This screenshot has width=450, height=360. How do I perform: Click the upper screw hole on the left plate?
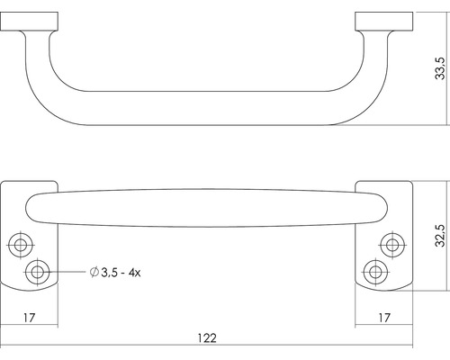coord(20,244)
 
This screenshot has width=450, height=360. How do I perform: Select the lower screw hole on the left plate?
coord(39,272)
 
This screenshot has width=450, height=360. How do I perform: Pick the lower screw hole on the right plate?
coord(373,272)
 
